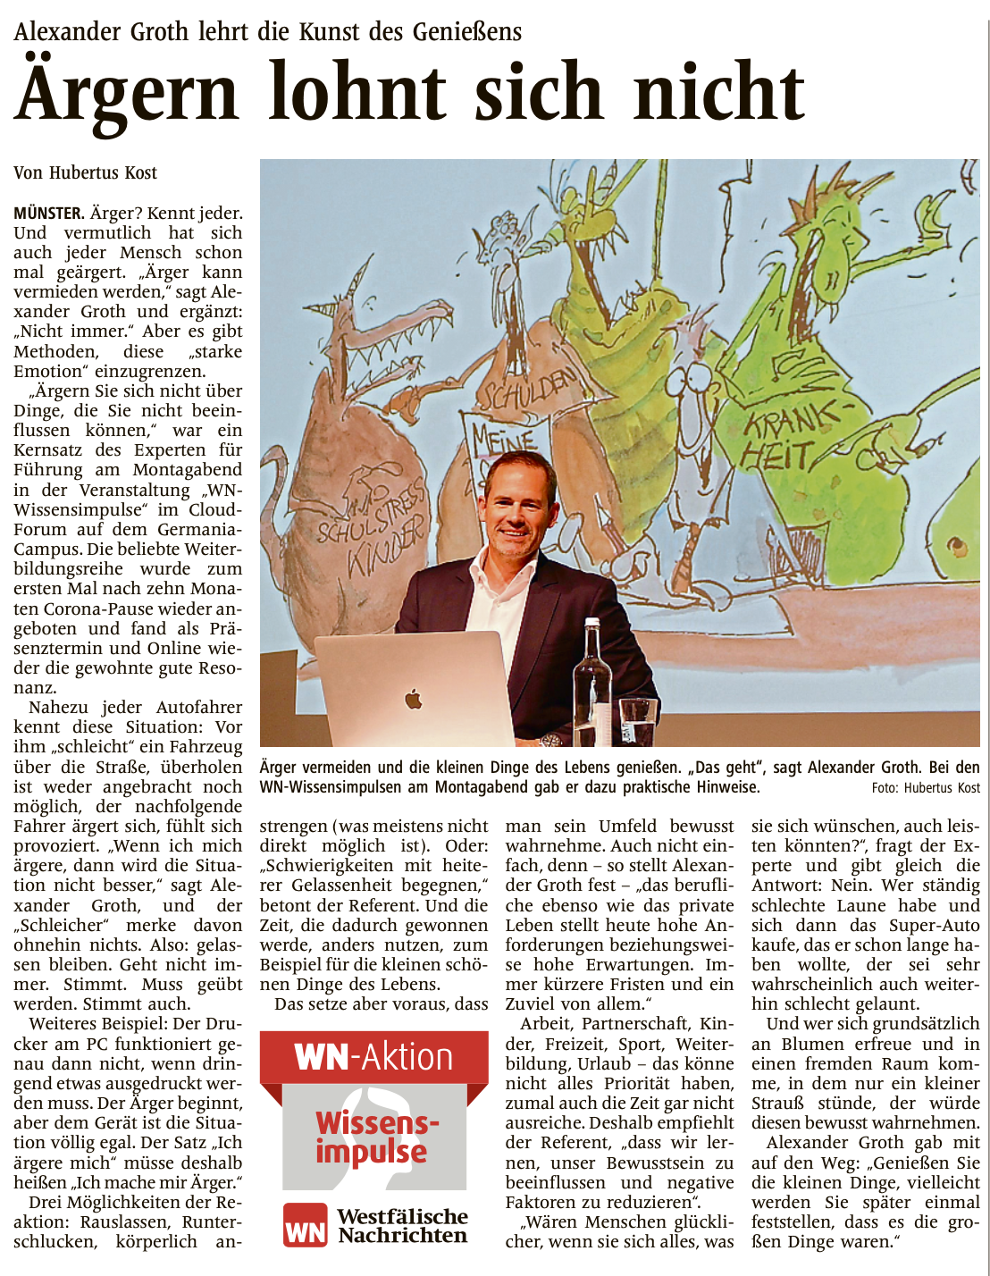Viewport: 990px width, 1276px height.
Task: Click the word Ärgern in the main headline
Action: pyautogui.click(x=127, y=93)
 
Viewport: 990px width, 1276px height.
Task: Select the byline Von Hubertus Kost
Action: pyautogui.click(x=85, y=172)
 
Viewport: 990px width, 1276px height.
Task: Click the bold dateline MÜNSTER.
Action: pyautogui.click(x=48, y=214)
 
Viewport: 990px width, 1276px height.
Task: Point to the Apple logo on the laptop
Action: pyautogui.click(x=413, y=699)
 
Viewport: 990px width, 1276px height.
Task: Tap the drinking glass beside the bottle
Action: pyautogui.click(x=638, y=722)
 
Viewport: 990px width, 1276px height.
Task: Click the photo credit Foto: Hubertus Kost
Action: pyautogui.click(x=926, y=788)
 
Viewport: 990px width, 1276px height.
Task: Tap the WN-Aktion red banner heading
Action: pyautogui.click(x=373, y=1057)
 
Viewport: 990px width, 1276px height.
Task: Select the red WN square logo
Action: pyautogui.click(x=305, y=1225)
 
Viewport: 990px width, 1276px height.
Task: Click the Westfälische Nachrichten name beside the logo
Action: pyautogui.click(x=402, y=1226)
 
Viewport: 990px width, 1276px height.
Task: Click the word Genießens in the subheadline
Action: pyautogui.click(x=466, y=32)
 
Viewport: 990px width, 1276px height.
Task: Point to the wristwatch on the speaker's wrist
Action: pyautogui.click(x=550, y=740)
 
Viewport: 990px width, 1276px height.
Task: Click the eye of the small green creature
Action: pyautogui.click(x=958, y=544)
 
